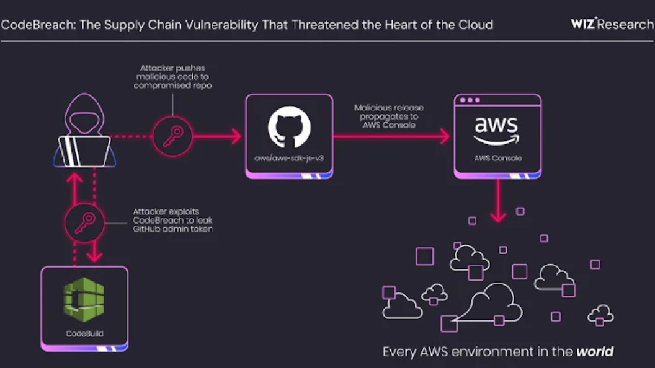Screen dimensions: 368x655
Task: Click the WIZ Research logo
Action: coord(612,24)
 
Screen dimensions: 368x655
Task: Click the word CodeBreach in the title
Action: coord(34,25)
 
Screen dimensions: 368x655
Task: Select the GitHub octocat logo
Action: coord(289,127)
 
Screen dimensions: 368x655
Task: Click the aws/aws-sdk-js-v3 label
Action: coord(289,158)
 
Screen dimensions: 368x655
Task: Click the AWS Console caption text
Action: coord(498,158)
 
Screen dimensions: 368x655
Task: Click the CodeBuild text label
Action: coord(84,334)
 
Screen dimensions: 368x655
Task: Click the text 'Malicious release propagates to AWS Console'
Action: coord(389,116)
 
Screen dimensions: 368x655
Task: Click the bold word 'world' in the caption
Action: coord(595,352)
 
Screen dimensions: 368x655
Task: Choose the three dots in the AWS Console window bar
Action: coord(470,100)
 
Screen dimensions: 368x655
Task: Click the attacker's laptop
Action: coord(84,151)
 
